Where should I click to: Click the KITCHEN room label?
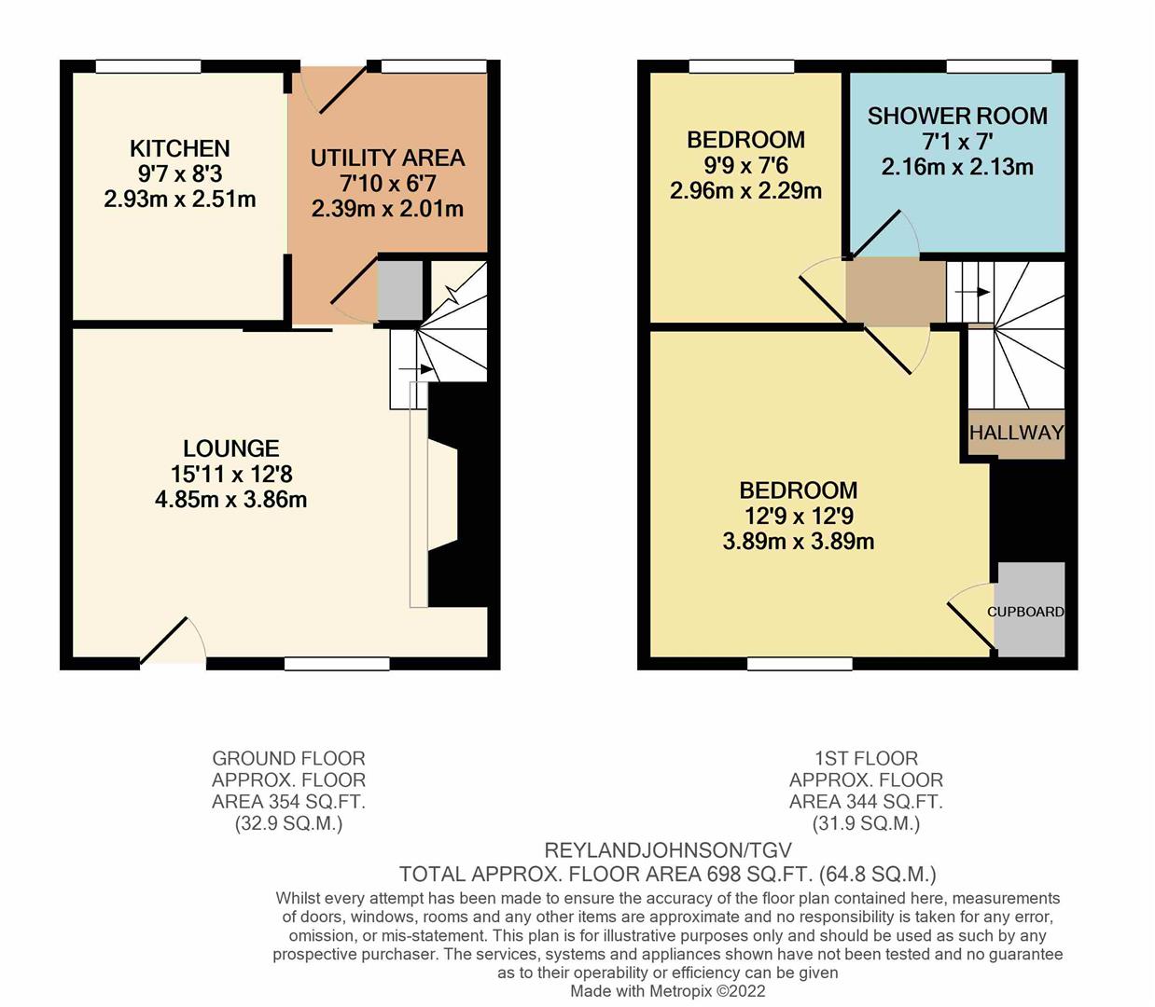click(179, 148)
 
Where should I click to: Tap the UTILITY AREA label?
click(387, 158)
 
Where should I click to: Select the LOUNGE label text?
click(230, 448)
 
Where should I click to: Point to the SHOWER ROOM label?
click(957, 117)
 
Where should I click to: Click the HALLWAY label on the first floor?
click(1016, 433)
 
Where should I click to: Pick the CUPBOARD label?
click(1025, 612)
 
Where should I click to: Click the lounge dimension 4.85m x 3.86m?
click(230, 500)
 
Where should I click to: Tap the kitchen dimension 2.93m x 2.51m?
click(179, 199)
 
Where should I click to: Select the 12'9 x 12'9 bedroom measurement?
click(798, 516)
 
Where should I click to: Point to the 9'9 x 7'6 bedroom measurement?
click(745, 165)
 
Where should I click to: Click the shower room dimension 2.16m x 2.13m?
click(957, 168)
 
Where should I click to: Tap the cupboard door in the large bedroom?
click(970, 620)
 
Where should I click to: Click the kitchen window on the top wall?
click(149, 66)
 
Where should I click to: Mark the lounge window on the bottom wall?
click(337, 664)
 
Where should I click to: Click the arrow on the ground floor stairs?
click(416, 369)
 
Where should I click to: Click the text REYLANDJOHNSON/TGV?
click(667, 850)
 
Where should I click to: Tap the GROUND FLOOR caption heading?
click(288, 759)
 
